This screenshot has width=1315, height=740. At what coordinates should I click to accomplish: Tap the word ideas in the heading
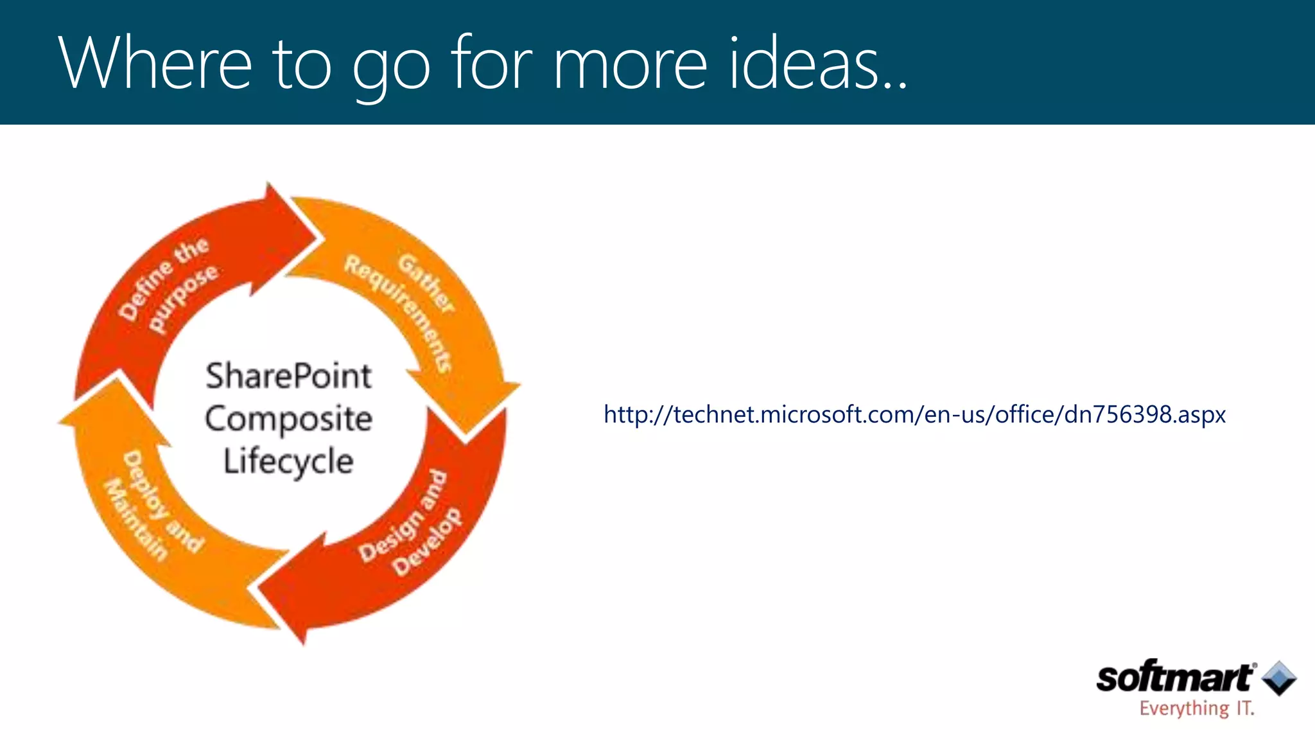(x=805, y=64)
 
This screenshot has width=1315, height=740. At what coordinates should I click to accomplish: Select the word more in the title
(x=630, y=64)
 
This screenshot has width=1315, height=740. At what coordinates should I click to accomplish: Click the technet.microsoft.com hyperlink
(x=914, y=414)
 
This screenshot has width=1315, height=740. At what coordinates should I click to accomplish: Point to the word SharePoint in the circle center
(x=288, y=376)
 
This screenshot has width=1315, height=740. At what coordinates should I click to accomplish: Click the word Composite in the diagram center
(x=288, y=419)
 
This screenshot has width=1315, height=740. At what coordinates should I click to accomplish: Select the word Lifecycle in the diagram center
(x=288, y=461)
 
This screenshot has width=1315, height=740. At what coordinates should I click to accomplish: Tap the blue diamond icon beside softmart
(x=1279, y=678)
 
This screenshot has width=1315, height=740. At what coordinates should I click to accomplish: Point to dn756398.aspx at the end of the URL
(x=1145, y=414)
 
